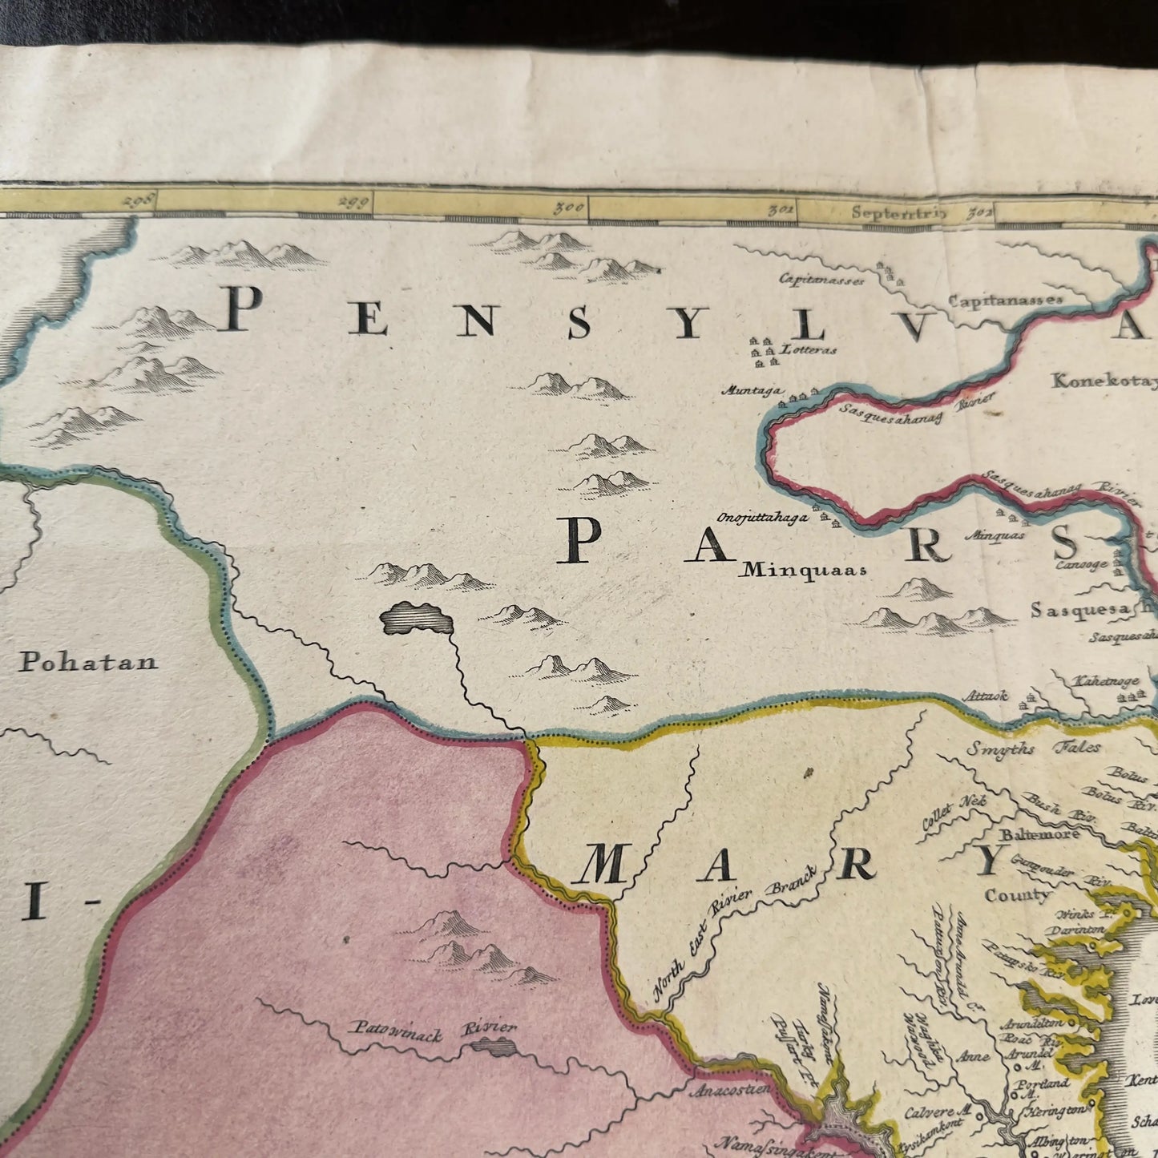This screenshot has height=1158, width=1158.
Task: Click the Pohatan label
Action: pyautogui.click(x=88, y=662)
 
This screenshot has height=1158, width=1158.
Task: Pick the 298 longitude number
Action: pyautogui.click(x=137, y=201)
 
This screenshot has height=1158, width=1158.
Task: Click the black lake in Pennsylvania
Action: pyautogui.click(x=415, y=618)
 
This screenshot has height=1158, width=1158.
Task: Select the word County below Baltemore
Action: pyautogui.click(x=1017, y=894)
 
